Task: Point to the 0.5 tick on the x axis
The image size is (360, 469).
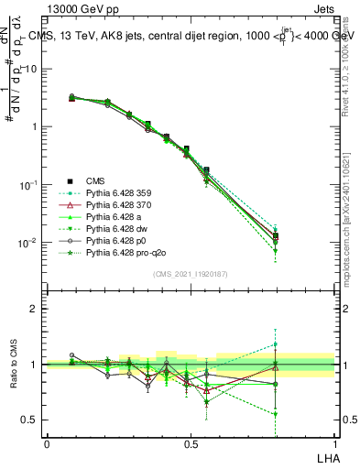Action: pos(191,442)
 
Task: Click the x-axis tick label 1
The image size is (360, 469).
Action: pos(334,442)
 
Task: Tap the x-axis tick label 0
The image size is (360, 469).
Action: pos(47,442)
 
